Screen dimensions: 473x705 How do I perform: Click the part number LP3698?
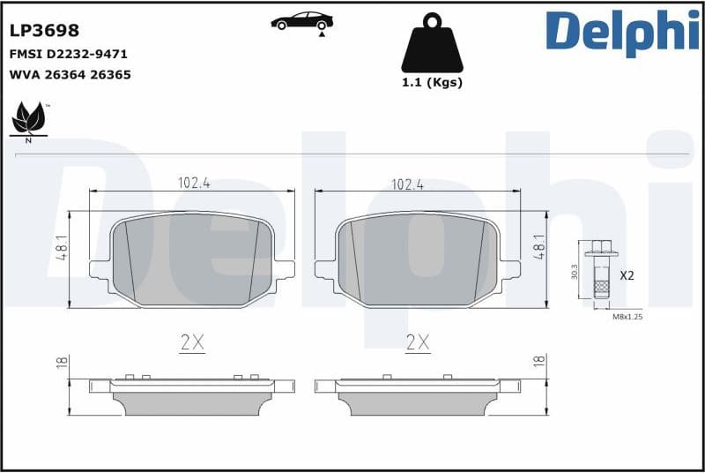[44, 31]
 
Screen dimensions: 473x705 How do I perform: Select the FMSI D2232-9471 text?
[68, 54]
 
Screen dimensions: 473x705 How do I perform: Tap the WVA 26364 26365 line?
[70, 75]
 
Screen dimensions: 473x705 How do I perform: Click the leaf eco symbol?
[28, 120]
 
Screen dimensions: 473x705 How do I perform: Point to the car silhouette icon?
[301, 21]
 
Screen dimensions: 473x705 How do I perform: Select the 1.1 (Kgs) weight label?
[432, 83]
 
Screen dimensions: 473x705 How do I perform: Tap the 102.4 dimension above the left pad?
[194, 184]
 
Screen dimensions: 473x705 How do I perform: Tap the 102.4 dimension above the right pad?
[407, 184]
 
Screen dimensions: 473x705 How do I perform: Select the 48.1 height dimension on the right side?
[539, 244]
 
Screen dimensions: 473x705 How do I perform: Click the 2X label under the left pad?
[191, 343]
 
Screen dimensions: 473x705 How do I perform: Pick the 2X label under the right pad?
[417, 343]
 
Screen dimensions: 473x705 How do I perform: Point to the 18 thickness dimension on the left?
[61, 362]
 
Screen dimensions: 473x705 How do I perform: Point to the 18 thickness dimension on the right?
[538, 360]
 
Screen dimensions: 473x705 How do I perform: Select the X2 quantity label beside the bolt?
[627, 275]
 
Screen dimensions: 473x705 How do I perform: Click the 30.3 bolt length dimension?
[575, 272]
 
